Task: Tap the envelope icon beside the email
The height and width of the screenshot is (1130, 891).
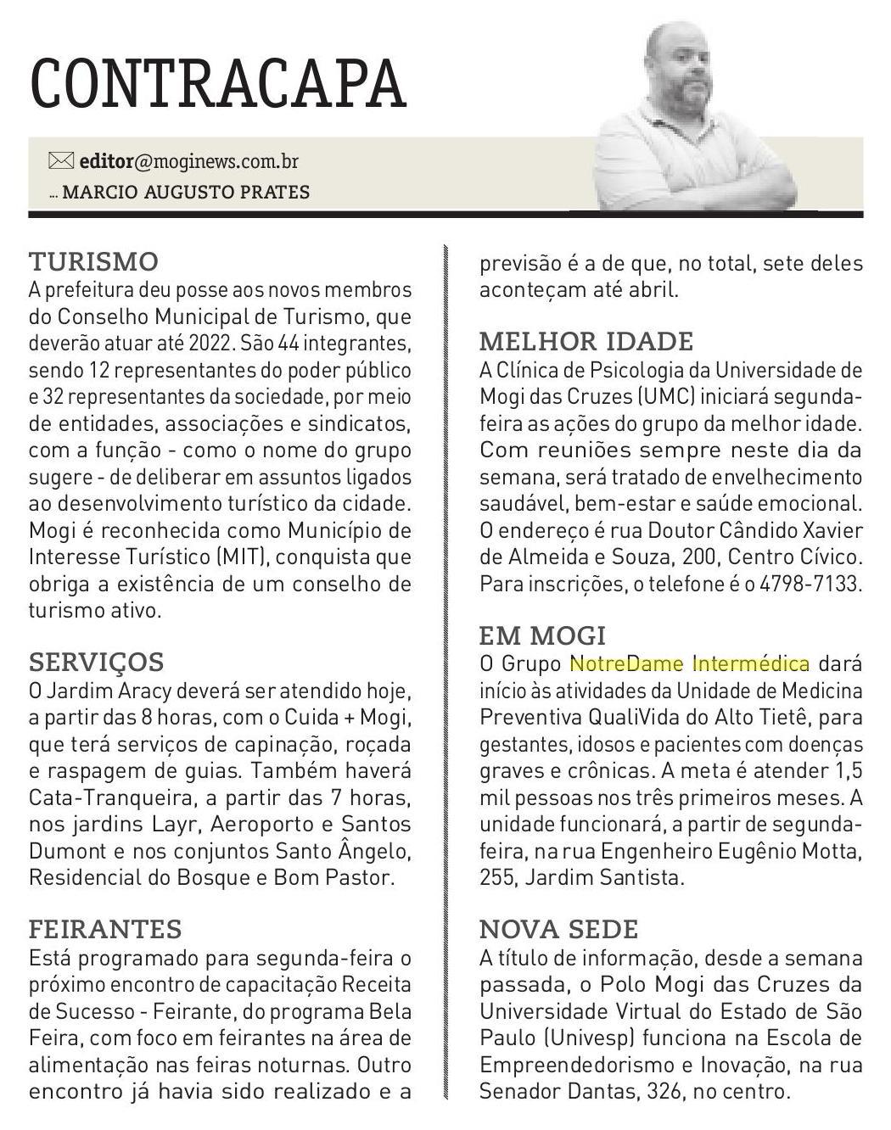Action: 61,160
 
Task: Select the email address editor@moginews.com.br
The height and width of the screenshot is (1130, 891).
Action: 188,161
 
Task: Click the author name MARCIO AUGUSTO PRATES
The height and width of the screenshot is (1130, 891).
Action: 186,192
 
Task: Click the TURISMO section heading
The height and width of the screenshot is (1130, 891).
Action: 93,260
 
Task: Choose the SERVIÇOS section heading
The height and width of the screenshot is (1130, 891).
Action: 96,662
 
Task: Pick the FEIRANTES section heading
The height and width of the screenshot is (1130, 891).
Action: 105,929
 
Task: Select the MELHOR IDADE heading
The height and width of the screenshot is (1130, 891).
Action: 586,341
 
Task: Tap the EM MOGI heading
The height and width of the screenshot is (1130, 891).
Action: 542,635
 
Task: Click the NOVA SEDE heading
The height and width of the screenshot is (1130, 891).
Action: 558,929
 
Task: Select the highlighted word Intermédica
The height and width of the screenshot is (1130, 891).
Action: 750,663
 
